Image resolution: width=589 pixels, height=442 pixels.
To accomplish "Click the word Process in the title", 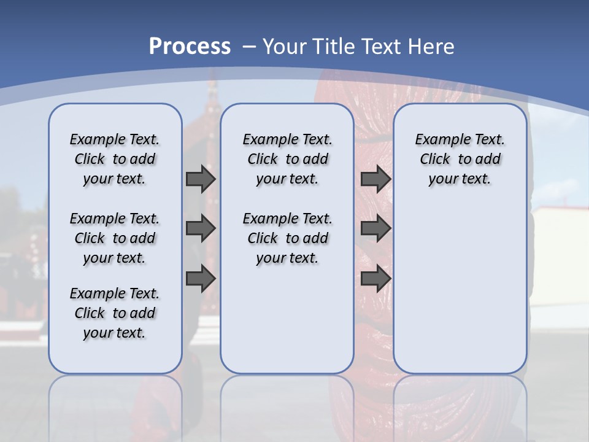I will click(x=190, y=46).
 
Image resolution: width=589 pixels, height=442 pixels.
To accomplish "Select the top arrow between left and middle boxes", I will click(x=201, y=179).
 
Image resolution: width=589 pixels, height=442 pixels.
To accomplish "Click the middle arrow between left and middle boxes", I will click(x=201, y=229).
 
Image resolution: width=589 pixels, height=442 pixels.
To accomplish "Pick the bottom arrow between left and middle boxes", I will click(x=201, y=279).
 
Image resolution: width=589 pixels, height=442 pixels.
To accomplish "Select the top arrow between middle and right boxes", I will click(x=375, y=179).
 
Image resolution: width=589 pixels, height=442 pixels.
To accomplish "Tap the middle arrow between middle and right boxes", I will click(x=375, y=229).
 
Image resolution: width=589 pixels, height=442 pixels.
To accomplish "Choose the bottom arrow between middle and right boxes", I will click(x=375, y=279).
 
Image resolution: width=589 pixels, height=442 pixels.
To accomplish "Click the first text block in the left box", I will click(x=115, y=159).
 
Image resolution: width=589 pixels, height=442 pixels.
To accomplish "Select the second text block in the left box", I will click(x=115, y=238).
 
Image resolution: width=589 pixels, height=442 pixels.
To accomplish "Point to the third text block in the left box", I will click(x=115, y=313).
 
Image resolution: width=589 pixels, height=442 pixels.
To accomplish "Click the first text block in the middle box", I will click(x=287, y=159).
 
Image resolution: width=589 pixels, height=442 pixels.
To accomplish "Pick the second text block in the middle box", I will click(x=287, y=238).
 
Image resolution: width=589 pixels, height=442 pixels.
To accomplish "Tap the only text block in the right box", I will click(x=460, y=159).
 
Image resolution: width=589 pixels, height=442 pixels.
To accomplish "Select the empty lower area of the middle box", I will click(x=287, y=319).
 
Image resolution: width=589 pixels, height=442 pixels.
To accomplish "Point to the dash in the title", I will click(x=249, y=46).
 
